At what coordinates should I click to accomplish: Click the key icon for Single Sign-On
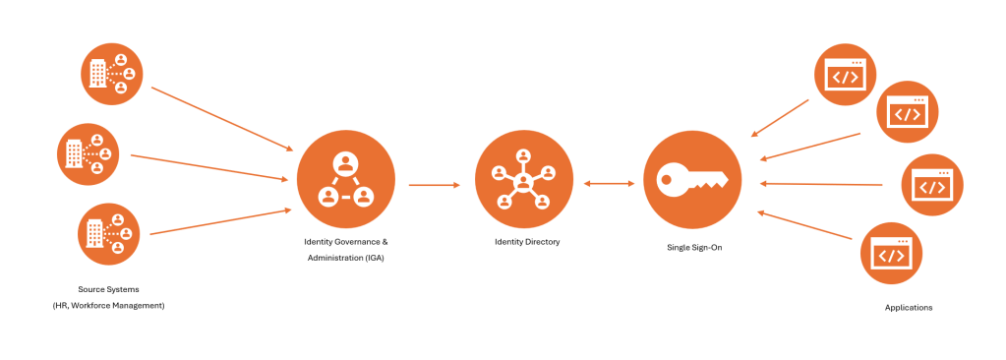pos(692,180)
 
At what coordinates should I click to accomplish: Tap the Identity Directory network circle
pos(522,179)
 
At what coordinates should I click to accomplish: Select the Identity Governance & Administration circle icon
pos(345,179)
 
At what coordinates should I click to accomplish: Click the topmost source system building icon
pos(110,72)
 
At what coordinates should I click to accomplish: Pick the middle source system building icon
pos(88,152)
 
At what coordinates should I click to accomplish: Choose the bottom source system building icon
pos(109,233)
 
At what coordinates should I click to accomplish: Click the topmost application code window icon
pos(845,75)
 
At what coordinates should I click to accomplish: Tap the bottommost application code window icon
pos(890,254)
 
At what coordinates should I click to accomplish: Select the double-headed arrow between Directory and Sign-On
pos(607,183)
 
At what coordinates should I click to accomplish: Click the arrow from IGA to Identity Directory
pos(434,184)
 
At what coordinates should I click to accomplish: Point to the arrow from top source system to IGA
pos(222,118)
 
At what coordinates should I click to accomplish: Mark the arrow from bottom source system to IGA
pos(222,221)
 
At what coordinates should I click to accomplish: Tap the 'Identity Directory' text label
pos(527,241)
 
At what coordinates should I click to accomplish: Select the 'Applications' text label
pos(908,308)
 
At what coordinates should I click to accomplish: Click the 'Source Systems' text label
pos(108,289)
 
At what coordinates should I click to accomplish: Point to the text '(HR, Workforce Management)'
pos(108,306)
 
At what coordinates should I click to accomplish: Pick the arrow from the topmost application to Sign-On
pos(780,117)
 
